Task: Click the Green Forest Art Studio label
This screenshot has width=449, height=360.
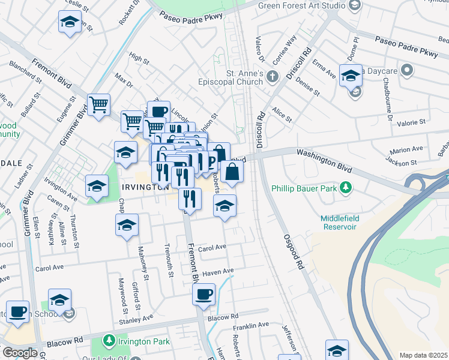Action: [x=301, y=5]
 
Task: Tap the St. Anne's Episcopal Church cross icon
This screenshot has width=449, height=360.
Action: [x=273, y=76]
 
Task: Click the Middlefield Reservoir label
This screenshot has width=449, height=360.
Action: [x=339, y=223]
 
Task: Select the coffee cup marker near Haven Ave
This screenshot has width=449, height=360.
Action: [x=203, y=293]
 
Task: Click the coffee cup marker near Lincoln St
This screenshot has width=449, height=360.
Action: [x=158, y=110]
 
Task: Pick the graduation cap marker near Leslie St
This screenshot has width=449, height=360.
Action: [x=70, y=22]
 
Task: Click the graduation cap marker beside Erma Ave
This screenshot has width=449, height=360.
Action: [x=351, y=75]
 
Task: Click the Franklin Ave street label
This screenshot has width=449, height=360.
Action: [x=251, y=325]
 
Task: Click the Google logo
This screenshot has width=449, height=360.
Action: [x=20, y=353]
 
